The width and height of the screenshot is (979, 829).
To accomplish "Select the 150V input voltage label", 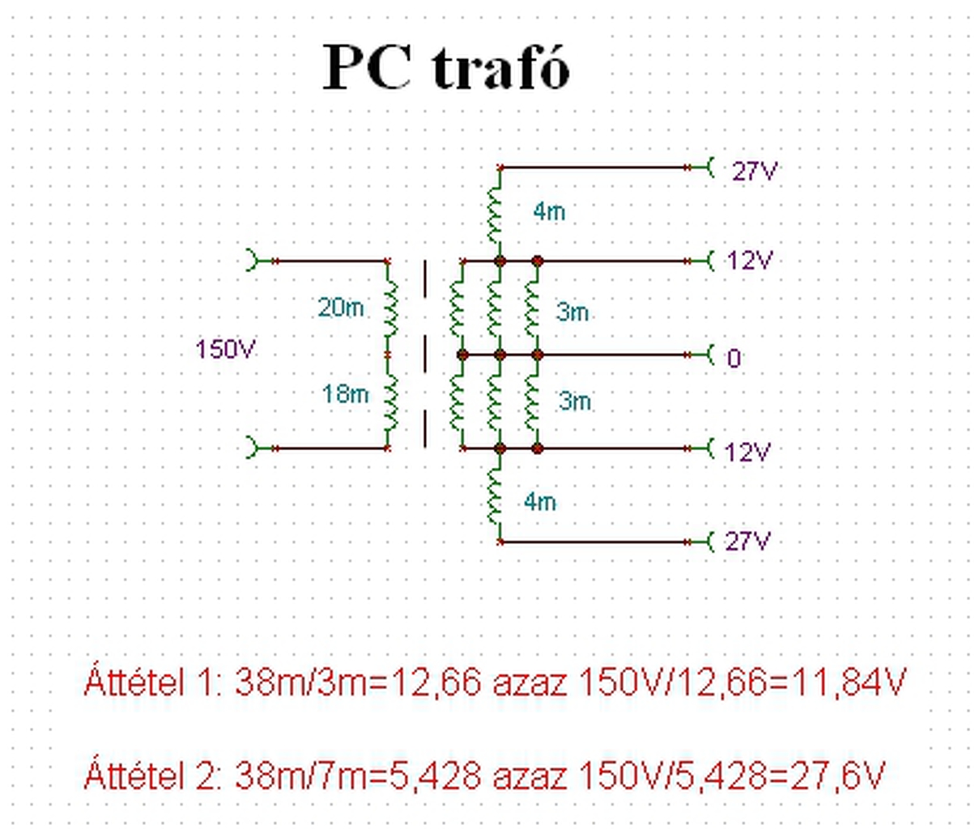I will click(225, 350).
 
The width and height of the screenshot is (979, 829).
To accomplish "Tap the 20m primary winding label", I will click(340, 308).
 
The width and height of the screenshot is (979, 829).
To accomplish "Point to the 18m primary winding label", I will click(345, 394).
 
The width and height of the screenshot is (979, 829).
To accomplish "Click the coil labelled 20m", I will click(390, 308).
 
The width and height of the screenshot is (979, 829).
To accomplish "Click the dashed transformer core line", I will click(426, 354).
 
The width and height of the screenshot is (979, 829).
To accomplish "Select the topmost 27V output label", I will click(755, 172).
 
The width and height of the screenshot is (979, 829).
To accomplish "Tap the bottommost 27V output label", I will click(747, 541).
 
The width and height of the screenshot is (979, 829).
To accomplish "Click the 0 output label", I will click(734, 358).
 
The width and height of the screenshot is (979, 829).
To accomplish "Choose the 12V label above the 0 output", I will click(750, 261).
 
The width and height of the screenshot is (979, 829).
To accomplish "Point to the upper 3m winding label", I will click(573, 312).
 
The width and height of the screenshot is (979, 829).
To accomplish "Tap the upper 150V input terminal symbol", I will click(254, 261).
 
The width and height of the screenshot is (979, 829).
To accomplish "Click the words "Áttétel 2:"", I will click(152, 776).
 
